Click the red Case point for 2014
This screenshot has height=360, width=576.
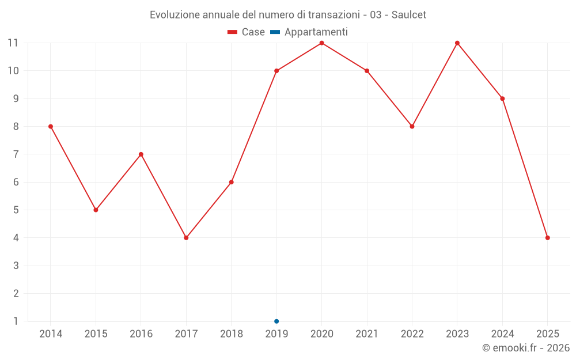[x=51, y=126]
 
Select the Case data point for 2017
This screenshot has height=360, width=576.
[x=186, y=238]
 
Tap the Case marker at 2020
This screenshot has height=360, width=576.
[x=321, y=43]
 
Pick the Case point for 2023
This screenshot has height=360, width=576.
[x=457, y=43]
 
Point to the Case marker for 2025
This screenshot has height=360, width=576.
[x=547, y=238]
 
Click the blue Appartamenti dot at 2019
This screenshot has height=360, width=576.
[x=276, y=321]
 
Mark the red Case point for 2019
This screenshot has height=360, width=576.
[x=276, y=71]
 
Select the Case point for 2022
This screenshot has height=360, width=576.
[x=412, y=126]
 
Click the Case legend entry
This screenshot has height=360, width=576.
[x=247, y=32]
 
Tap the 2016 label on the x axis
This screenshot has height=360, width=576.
[x=141, y=334]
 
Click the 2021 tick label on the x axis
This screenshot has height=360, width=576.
[x=367, y=334]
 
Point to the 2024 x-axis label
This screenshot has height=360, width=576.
[x=502, y=334]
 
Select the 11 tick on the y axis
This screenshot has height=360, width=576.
[x=13, y=43]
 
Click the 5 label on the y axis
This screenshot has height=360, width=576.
[x=16, y=210]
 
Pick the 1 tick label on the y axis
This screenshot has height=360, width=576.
[x=16, y=321]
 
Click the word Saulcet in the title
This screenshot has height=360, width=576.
[x=409, y=15]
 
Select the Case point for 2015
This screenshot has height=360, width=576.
[x=96, y=210]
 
